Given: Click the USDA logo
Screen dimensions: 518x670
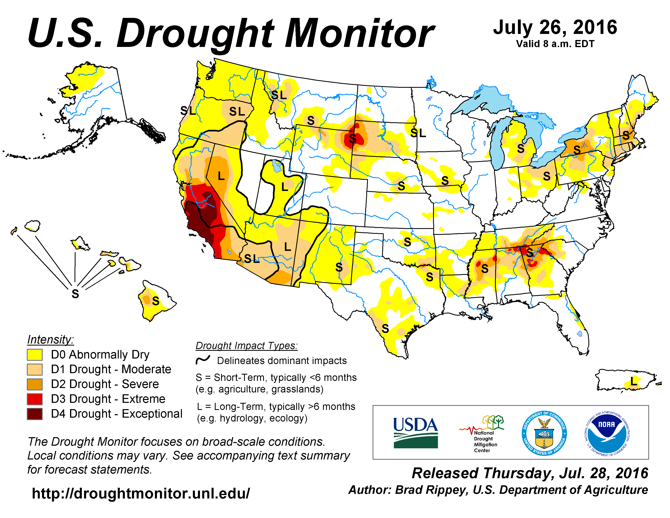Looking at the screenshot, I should (x=416, y=433).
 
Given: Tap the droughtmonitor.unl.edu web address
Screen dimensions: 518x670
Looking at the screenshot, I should (x=141, y=493).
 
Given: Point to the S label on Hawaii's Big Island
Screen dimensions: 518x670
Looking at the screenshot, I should (x=156, y=301).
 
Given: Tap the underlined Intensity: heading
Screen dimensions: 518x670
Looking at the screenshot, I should (x=50, y=339).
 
